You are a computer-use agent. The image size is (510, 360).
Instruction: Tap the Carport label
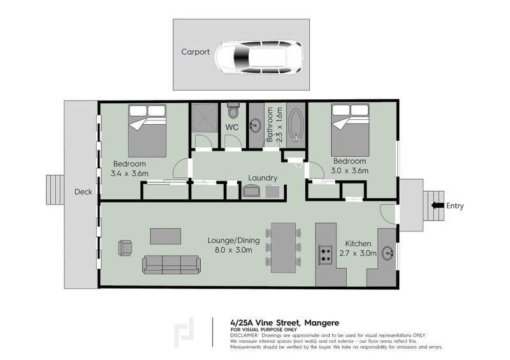click(x=195, y=53)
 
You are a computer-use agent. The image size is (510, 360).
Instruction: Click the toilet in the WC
click(x=233, y=113)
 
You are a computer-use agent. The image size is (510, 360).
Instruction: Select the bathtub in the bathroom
click(x=296, y=124)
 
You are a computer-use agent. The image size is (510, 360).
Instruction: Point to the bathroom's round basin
click(x=256, y=126)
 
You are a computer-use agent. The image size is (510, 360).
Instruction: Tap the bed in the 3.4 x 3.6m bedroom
click(x=147, y=131)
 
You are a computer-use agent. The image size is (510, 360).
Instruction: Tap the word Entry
click(x=455, y=206)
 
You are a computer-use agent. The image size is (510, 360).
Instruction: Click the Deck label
click(x=83, y=192)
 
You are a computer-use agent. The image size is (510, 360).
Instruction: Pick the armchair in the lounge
click(x=125, y=248)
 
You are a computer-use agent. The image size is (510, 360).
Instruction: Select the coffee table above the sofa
click(x=165, y=236)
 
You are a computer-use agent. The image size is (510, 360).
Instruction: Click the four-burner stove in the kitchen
click(x=326, y=255)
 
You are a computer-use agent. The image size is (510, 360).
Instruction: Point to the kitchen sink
click(x=388, y=253)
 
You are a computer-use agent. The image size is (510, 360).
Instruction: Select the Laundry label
click(x=263, y=178)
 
